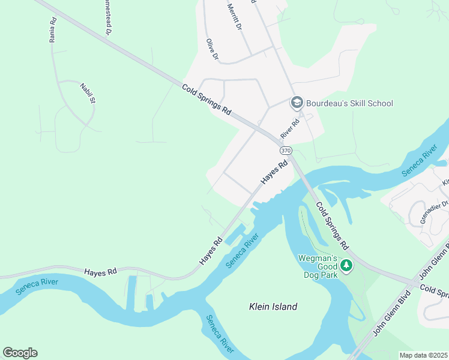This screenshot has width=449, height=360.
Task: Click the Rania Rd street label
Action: point(53,29)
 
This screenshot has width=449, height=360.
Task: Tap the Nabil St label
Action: point(88,94)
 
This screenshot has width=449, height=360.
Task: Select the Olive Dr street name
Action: point(211,49)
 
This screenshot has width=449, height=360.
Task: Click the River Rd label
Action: point(289,127)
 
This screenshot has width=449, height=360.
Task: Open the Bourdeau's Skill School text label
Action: point(349,103)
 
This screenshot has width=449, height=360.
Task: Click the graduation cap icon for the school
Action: point(297,103)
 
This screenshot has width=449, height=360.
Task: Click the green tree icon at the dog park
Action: point(346,265)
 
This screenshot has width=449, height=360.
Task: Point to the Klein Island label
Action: point(273,307)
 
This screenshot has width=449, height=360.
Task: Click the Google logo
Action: point(20,352)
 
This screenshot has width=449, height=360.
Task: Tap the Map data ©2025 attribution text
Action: point(423,355)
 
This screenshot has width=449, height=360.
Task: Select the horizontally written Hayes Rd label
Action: point(100,272)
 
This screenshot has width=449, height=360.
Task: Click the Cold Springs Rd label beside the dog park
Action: point(332,226)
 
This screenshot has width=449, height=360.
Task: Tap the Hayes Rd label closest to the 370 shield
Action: point(274,173)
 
